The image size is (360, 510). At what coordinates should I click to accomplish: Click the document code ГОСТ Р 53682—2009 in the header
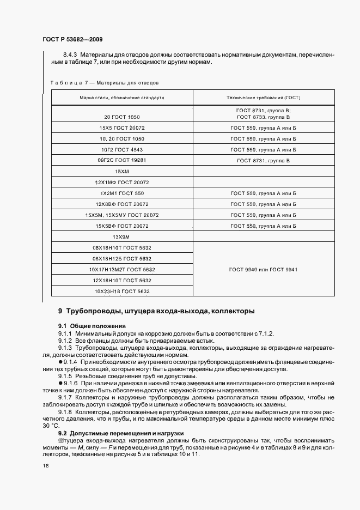72,40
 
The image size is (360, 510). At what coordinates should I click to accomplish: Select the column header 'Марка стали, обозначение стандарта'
122,98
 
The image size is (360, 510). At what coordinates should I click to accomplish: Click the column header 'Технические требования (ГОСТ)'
264,98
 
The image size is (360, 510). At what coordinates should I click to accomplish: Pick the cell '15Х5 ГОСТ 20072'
122,127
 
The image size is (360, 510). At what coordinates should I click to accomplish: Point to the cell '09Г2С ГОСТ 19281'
122,160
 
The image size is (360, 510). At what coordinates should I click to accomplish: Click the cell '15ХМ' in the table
122,171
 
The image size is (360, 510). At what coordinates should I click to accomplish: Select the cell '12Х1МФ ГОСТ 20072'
122,182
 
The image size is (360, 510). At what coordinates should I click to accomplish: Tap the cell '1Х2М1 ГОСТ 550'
122,193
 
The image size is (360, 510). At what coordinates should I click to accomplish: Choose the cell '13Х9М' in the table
122,237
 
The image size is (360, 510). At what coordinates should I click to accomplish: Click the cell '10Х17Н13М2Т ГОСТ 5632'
122,270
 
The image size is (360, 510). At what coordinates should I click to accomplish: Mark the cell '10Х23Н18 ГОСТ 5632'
122,292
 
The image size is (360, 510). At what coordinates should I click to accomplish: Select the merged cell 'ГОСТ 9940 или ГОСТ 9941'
264,270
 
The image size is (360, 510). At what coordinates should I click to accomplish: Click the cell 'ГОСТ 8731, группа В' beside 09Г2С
264,161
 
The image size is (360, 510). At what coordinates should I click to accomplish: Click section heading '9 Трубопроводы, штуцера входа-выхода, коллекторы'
156,311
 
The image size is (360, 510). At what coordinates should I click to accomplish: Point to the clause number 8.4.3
70,54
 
